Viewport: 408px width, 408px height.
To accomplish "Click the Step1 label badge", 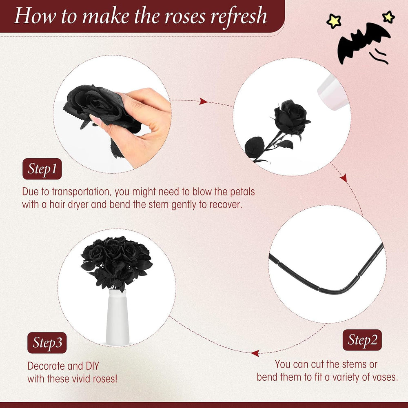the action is [x=42, y=169].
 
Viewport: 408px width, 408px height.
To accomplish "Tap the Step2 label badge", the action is [x=362, y=340].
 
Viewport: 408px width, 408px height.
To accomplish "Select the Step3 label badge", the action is [x=47, y=343].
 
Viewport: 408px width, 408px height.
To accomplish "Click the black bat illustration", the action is [x=363, y=43].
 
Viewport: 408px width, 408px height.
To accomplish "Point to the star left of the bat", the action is [x=334, y=21].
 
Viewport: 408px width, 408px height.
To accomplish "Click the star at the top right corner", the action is [x=388, y=17].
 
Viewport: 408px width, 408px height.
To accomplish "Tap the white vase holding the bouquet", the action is [x=118, y=317].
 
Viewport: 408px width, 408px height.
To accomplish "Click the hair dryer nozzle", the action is [x=331, y=92].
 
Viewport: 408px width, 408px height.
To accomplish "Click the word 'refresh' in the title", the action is [x=239, y=16].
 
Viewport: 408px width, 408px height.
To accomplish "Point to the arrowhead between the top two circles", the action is [x=203, y=101].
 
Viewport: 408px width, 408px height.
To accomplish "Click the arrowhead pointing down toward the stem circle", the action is [x=344, y=178].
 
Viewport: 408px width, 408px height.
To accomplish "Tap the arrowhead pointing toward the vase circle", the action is [x=255, y=353].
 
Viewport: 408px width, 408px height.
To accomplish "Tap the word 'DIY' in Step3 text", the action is [x=92, y=366].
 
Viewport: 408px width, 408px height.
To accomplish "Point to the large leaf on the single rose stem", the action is [x=255, y=147].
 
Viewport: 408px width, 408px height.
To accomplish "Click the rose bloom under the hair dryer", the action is [x=291, y=118].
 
